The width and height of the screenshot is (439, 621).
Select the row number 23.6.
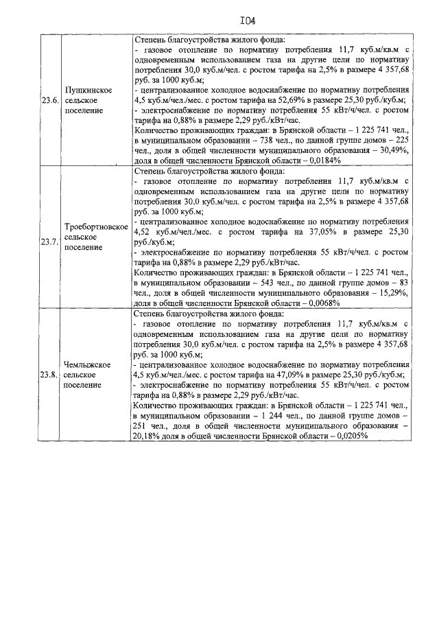pyautogui.click(x=49, y=100)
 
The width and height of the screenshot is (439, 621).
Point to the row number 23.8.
pyautogui.click(x=49, y=375)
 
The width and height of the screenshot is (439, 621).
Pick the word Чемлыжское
pyautogui.click(x=86, y=364)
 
